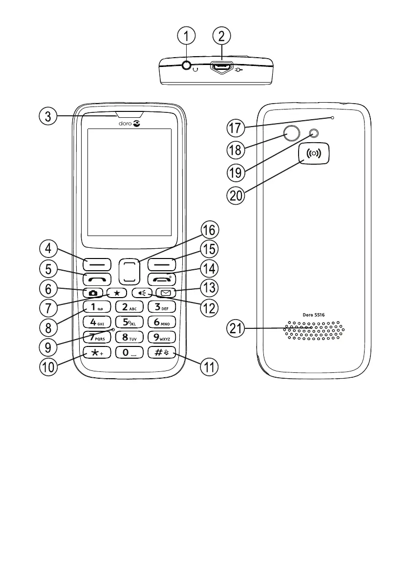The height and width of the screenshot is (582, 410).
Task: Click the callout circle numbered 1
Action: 187,36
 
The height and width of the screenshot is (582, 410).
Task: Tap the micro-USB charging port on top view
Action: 221,67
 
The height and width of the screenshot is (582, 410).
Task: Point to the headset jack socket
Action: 187,67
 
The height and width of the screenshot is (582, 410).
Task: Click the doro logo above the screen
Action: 129,124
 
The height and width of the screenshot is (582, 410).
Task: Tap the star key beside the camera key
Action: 116,293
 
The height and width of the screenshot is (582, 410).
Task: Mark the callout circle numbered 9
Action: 48,347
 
